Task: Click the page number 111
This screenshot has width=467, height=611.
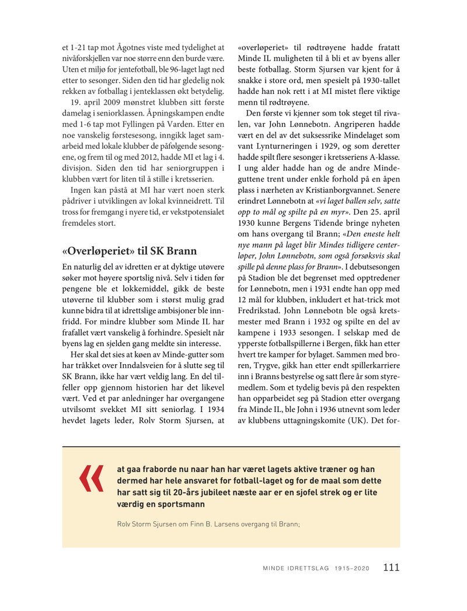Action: (x=391, y=567)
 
